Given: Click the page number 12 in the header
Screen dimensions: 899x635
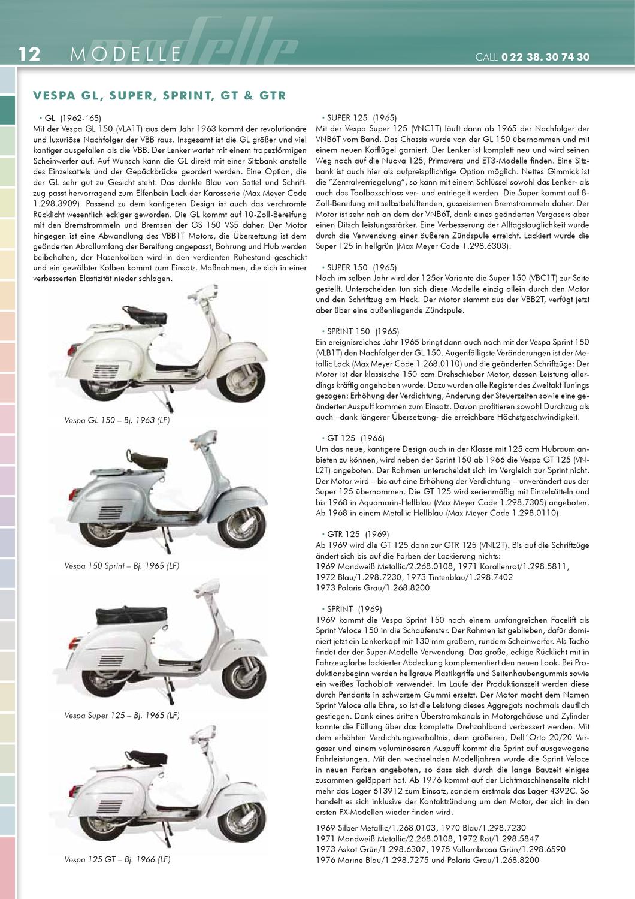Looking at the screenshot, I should pyautogui.click(x=29, y=55).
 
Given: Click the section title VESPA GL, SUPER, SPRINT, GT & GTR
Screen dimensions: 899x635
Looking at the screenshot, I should pyautogui.click(x=159, y=95).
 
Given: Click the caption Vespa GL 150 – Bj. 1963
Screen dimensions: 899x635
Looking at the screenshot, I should pyautogui.click(x=117, y=421).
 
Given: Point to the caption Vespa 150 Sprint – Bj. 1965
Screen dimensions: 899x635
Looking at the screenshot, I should pyautogui.click(x=122, y=566).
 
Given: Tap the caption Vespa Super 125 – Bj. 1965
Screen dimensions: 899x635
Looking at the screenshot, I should pyautogui.click(x=122, y=716).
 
